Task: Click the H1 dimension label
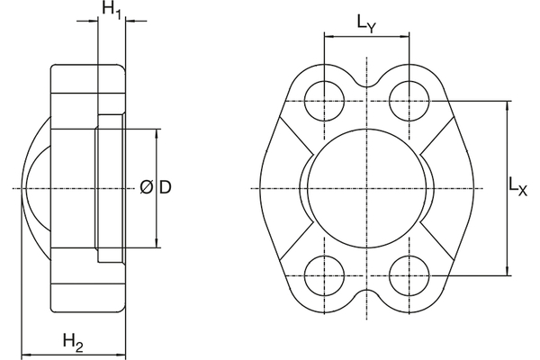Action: [x=111, y=11]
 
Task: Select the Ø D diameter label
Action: [x=156, y=187]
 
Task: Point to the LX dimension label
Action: [x=516, y=187]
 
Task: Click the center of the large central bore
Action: [x=366, y=187]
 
